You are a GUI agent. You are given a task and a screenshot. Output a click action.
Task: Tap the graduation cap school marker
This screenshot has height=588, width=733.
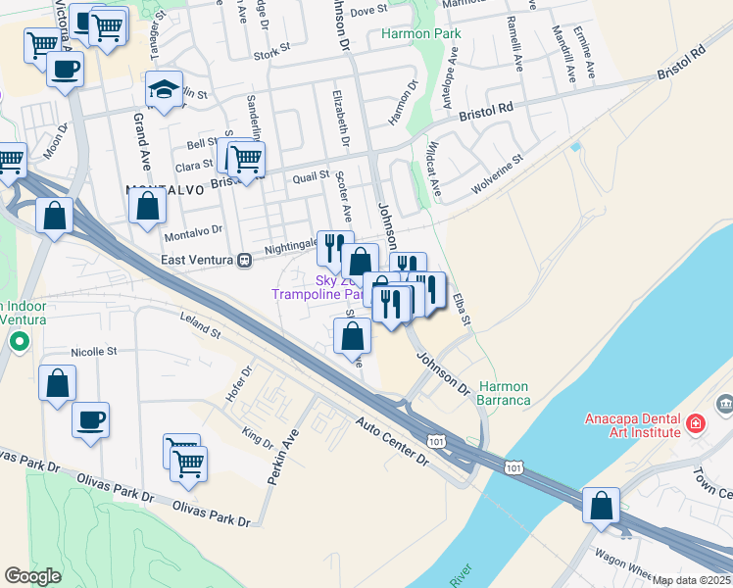(164, 90)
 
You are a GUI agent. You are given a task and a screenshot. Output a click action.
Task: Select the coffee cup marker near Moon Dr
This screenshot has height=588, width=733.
(65, 70)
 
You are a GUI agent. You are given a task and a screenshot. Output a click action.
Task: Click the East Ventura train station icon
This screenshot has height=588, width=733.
(246, 260)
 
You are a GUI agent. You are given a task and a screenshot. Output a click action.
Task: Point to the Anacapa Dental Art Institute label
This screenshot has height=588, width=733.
(632, 424)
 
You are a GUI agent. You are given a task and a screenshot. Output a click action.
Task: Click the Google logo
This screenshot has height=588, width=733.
(32, 576)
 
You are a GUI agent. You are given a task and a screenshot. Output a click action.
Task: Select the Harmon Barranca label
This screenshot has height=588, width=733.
(504, 393)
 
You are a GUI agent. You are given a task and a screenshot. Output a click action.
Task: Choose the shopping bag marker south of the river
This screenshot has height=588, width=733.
(601, 506)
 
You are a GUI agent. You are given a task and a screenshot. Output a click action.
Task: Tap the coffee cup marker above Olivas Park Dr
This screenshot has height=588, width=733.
(90, 420)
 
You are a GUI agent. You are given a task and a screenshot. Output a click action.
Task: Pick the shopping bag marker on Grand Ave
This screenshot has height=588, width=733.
(147, 207)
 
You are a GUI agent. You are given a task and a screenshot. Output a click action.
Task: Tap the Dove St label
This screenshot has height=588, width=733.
(369, 11)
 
